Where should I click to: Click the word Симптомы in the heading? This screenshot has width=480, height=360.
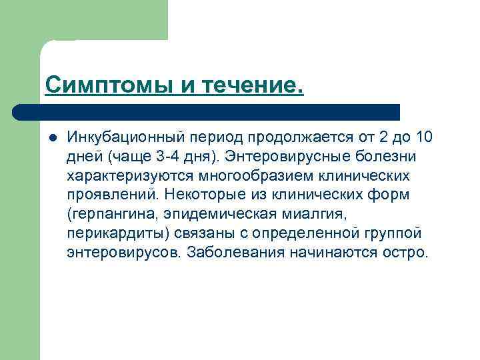click(95, 85)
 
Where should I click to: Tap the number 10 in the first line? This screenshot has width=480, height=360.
click(423, 138)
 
